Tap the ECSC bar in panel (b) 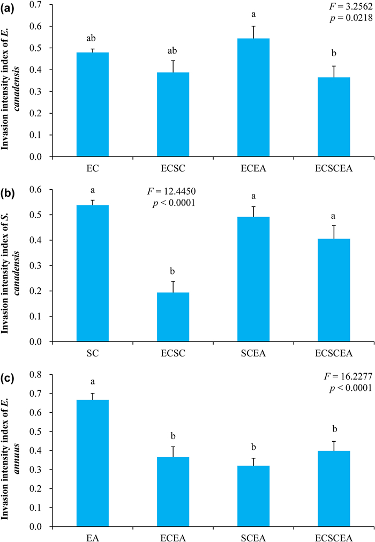[173, 317]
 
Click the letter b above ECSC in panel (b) [173, 271]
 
